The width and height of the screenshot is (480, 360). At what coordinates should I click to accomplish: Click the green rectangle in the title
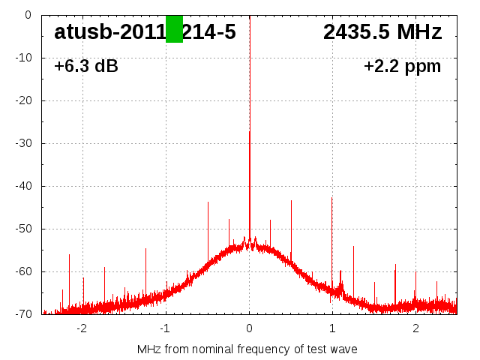[x=174, y=29]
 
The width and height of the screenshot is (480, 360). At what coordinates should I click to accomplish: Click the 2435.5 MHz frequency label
[x=382, y=32]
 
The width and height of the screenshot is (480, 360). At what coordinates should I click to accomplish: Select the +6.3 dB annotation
[x=85, y=67]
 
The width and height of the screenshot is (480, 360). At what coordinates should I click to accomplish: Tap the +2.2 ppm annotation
[x=402, y=67]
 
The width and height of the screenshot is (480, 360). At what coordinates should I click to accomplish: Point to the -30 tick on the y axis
[x=22, y=143]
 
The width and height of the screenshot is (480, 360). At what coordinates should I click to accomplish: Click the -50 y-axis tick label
[x=22, y=229]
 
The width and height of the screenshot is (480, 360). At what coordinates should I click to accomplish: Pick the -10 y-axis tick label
[x=22, y=58]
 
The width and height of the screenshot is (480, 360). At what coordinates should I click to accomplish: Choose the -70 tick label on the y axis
[x=22, y=314]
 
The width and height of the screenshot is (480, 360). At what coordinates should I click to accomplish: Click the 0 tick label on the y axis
[x=27, y=15]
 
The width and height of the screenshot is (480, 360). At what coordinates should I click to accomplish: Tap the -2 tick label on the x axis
[x=82, y=328]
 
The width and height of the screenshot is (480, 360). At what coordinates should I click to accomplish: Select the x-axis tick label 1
[x=332, y=328]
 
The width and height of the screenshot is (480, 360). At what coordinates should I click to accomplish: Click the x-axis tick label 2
[x=415, y=328]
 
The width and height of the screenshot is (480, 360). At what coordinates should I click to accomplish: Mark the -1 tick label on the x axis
[x=165, y=328]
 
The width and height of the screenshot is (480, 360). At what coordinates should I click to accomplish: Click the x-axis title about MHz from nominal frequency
[x=247, y=349]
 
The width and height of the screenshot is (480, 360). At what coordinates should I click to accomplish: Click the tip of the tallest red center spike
[x=250, y=132]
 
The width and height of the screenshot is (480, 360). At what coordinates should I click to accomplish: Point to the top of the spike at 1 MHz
[x=332, y=198]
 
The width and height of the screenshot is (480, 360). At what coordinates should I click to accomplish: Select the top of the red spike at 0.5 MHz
[x=291, y=201]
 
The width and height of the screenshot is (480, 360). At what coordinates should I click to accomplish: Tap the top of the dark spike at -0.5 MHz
[x=208, y=202]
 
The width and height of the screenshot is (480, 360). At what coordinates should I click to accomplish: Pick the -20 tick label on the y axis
[x=22, y=100]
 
